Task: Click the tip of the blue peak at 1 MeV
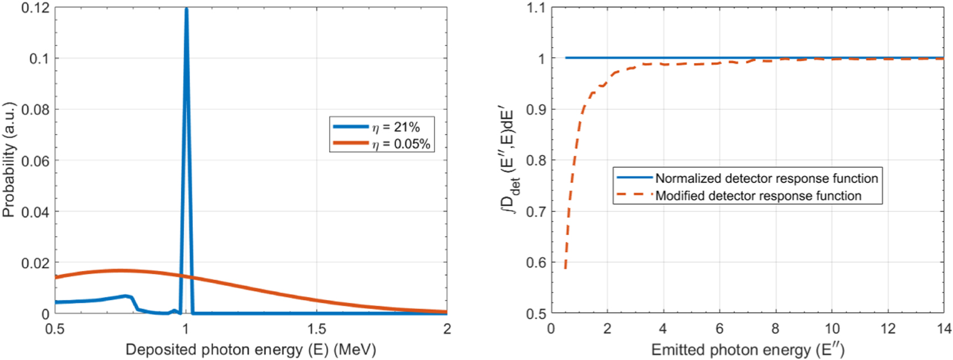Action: tap(186, 9)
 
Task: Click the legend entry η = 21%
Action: tap(396, 127)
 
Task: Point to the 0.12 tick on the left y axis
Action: tap(35, 8)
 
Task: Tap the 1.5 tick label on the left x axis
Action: tap(316, 329)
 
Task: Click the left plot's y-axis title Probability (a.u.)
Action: tap(8, 160)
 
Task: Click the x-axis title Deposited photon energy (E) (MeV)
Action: tap(250, 349)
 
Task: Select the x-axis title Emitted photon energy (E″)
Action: tap(747, 350)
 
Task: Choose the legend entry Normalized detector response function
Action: tap(766, 178)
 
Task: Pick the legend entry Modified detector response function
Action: tap(758, 196)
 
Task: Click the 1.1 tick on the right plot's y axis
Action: tap(536, 8)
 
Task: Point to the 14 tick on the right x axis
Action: tap(944, 329)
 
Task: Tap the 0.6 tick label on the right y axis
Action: tap(536, 263)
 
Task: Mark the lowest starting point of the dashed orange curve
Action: tap(565, 269)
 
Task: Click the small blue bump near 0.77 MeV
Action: tap(126, 296)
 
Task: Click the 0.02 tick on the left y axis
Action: tap(35, 263)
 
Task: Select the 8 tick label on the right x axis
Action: tap(775, 329)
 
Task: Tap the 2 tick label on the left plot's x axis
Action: tap(447, 329)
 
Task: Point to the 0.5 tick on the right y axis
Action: tap(536, 313)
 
